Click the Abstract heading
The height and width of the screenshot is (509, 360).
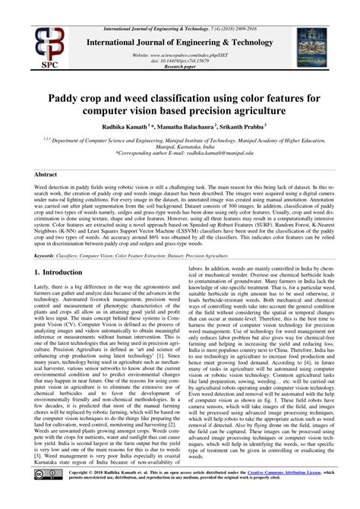coord(46,174)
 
